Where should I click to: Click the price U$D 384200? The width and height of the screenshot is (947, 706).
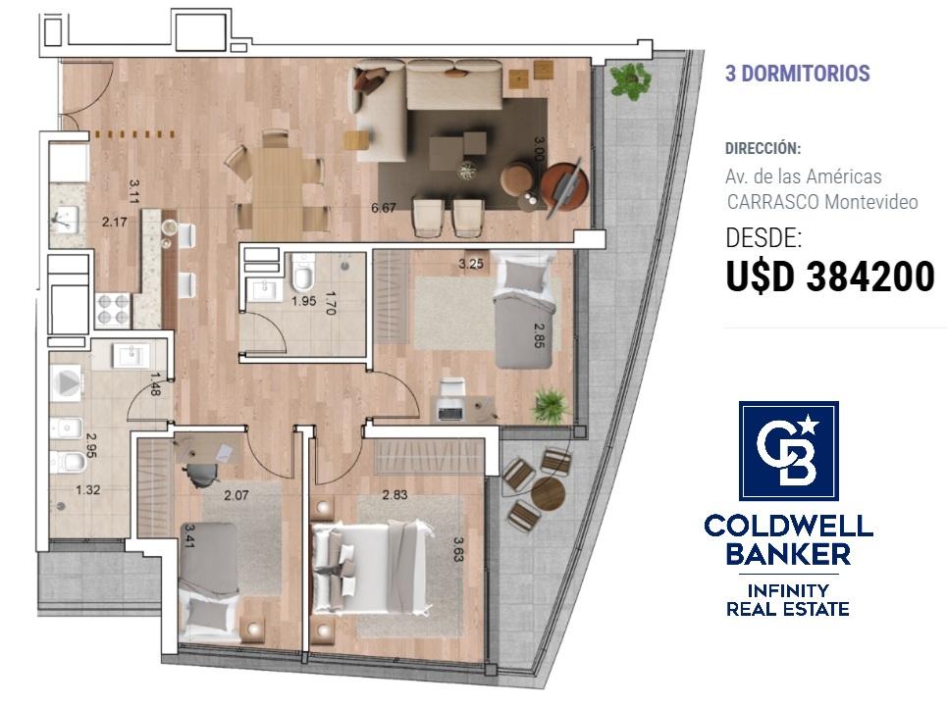(830, 277)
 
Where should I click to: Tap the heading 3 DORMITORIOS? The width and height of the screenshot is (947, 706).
(797, 73)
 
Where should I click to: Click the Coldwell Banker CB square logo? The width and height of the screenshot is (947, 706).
(789, 451)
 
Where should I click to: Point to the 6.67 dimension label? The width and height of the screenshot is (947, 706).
(384, 208)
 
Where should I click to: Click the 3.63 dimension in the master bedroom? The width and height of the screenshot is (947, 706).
(457, 549)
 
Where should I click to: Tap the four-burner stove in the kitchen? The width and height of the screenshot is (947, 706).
(113, 310)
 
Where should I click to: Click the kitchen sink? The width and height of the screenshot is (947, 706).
(65, 219)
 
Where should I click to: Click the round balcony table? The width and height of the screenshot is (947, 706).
(548, 493)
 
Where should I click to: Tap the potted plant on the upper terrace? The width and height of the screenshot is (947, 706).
(630, 80)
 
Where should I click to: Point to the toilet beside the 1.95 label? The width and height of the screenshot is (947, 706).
(302, 274)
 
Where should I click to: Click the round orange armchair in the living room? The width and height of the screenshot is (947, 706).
(564, 184)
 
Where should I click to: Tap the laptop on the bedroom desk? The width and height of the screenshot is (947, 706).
(449, 413)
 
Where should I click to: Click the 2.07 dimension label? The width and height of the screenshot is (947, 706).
(237, 495)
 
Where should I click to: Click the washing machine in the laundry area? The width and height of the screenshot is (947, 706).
(66, 383)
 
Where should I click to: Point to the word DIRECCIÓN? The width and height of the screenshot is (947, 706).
(763, 148)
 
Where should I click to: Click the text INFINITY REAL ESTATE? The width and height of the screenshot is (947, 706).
(788, 600)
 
